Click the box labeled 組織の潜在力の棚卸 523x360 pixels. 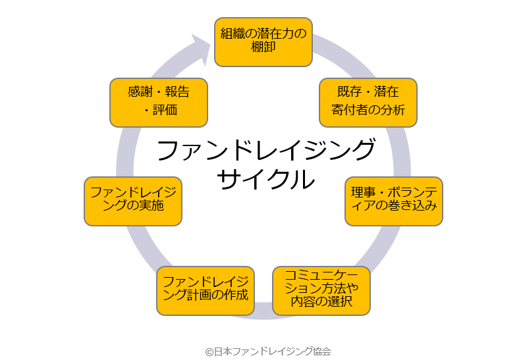coord(263,41)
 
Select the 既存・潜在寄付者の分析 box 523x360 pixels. coord(368,102)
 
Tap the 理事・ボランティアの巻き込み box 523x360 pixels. coord(394,201)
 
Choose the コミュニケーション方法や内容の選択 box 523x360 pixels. coord(321,290)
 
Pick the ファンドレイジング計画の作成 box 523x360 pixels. coord(205,290)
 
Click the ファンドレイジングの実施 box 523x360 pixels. coord(132,201)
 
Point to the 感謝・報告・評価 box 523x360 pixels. coord(158,102)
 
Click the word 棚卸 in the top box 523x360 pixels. coord(263,48)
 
